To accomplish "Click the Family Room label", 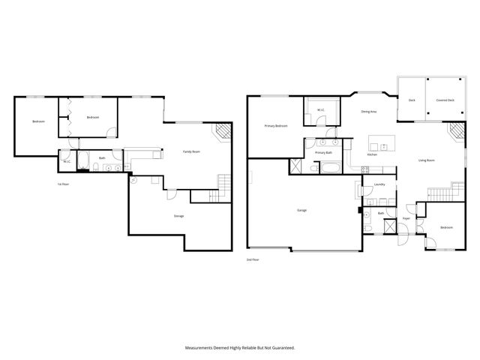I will click(191, 151).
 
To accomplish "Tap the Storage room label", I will click(178, 216).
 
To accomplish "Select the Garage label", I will click(302, 210).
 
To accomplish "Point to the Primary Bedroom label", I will click(275, 126).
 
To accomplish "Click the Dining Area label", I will click(368, 112).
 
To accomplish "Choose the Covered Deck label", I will click(445, 100).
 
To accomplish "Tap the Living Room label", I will click(427, 160).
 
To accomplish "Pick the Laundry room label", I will click(379, 184).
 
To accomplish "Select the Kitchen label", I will click(371, 154).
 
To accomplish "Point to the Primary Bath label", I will click(323, 152).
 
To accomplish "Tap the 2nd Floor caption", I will click(253, 259).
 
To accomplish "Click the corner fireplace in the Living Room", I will click(455, 133).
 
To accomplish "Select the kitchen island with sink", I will click(379, 143).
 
